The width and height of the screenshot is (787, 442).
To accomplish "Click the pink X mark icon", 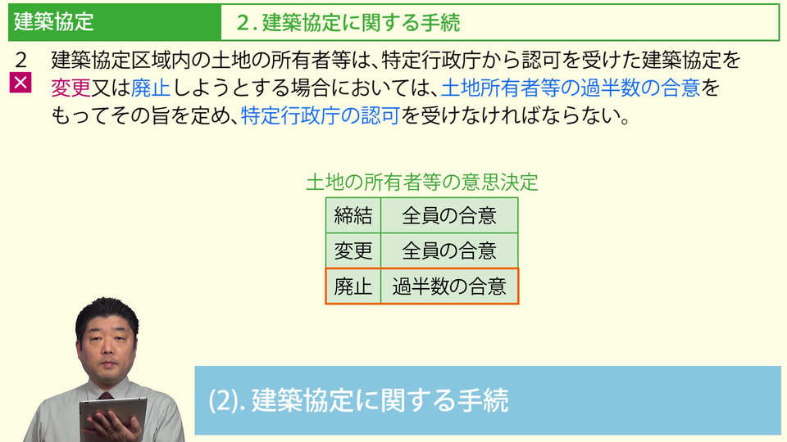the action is click(x=20, y=83).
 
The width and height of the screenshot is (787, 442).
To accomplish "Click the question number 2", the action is click(x=20, y=60).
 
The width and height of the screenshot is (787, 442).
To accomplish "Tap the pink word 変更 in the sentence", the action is click(x=71, y=88).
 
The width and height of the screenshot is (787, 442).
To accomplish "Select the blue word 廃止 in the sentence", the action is click(x=151, y=88).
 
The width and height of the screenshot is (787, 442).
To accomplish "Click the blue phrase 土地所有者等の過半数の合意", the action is click(x=571, y=88).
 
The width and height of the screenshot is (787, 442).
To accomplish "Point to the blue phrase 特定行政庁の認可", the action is click(x=321, y=115).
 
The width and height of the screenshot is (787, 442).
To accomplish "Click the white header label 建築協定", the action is click(x=54, y=22).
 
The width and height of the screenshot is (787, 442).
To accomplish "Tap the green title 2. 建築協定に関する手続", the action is click(x=348, y=23).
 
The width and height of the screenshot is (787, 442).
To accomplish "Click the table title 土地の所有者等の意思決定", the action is click(x=422, y=182).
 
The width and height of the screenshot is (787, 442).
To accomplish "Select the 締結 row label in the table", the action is click(x=353, y=215).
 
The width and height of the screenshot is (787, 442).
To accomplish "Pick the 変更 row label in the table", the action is click(x=353, y=250).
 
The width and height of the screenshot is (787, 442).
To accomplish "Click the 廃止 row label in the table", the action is click(x=353, y=286).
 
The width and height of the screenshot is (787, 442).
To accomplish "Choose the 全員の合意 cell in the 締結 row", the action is click(x=449, y=215).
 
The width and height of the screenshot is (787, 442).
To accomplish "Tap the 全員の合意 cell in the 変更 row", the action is click(x=449, y=250).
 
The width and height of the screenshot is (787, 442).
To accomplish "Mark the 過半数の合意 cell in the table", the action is click(x=449, y=286).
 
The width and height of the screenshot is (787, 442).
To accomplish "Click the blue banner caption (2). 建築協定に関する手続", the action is click(x=358, y=400).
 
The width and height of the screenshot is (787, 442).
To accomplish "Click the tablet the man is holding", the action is click(x=113, y=417).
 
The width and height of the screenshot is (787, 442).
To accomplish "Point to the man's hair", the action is click(x=107, y=313).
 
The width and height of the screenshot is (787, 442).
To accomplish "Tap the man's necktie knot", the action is click(x=105, y=396).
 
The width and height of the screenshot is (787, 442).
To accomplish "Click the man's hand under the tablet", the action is click(x=116, y=427).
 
